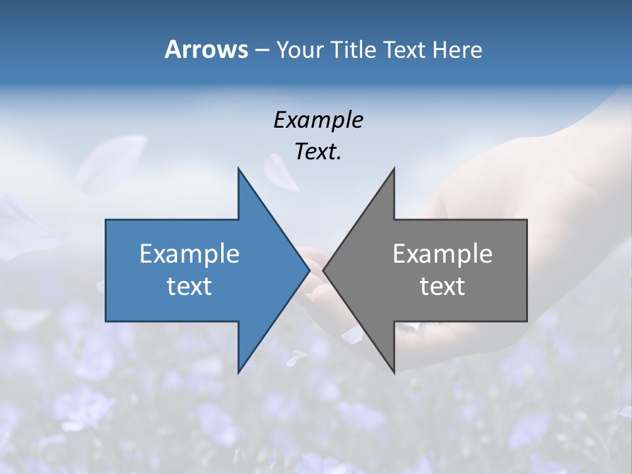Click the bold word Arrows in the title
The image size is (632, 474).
(206, 49)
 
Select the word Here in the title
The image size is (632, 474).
(457, 50)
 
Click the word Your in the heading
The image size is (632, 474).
(299, 50)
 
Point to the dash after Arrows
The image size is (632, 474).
(261, 50)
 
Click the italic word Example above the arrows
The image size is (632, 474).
(318, 120)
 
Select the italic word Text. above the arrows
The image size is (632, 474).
(318, 151)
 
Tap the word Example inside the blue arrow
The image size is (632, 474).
(190, 254)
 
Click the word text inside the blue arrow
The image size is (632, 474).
(190, 286)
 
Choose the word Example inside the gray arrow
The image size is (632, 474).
(442, 254)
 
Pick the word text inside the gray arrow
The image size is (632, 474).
(442, 286)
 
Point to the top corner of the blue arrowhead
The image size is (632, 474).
(238, 169)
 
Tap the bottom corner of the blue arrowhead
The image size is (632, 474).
(238, 372)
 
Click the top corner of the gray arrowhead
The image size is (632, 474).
(394, 169)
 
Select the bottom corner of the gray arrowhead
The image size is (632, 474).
(394, 372)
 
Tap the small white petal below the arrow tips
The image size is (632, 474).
(296, 357)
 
